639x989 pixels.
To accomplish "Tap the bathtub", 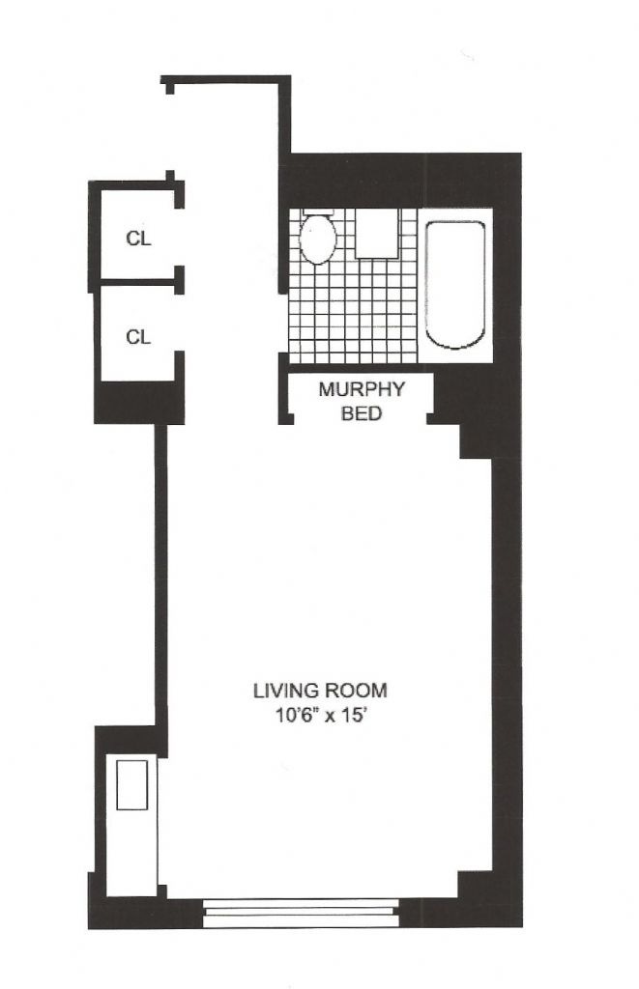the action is point(455,285).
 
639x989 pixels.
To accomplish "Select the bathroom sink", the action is point(376,234).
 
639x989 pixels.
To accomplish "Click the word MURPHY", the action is point(362,389).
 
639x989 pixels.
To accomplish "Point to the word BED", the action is point(362,413).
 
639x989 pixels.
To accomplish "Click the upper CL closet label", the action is point(139,239).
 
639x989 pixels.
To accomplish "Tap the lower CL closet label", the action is point(139,337).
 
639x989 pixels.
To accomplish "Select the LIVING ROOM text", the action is point(320,691).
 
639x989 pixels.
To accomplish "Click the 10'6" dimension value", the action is point(288,717).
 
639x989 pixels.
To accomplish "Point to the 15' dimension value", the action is point(354,717).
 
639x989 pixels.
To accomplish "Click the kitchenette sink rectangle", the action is point(132,785).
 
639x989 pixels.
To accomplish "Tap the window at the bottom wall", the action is point(302,913).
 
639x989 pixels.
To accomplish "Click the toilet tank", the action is point(318,212).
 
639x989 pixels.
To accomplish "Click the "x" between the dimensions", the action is point(326,718).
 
